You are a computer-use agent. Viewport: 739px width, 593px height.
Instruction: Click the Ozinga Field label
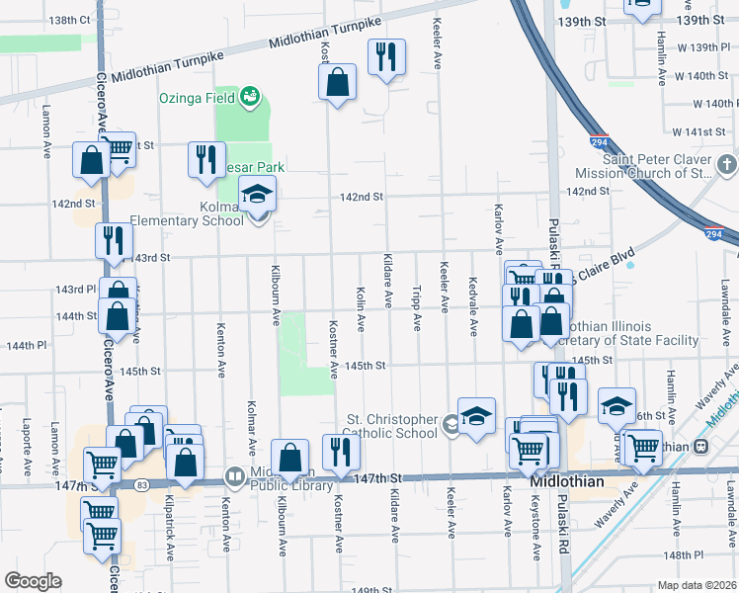point(198,98)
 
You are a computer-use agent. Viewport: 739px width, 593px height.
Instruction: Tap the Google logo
point(33,581)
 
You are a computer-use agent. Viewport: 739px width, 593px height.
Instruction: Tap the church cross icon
point(726,164)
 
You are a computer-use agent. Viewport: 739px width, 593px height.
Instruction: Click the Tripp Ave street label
point(417,309)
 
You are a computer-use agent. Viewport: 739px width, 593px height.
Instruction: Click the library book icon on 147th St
point(234,476)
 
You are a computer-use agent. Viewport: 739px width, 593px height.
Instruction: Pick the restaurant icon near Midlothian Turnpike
point(386,56)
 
